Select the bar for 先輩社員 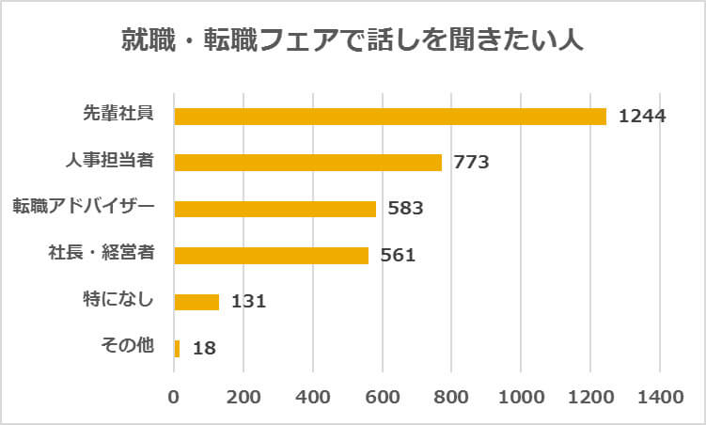pyautogui.click(x=390, y=116)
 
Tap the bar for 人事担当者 pyautogui.click(x=307, y=162)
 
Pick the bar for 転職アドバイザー pyautogui.click(x=275, y=208)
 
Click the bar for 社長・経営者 pyautogui.click(x=271, y=254)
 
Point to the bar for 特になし pyautogui.click(x=196, y=301)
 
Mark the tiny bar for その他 pyautogui.click(x=177, y=348)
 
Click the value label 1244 pyautogui.click(x=642, y=116)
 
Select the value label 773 pyautogui.click(x=471, y=162)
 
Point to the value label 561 pyautogui.click(x=398, y=255)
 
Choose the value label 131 pyautogui.click(x=248, y=302)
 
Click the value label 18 pyautogui.click(x=204, y=349)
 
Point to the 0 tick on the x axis pyautogui.click(x=174, y=398)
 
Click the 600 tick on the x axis pyautogui.click(x=382, y=398)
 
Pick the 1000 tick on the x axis pyautogui.click(x=520, y=398)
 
